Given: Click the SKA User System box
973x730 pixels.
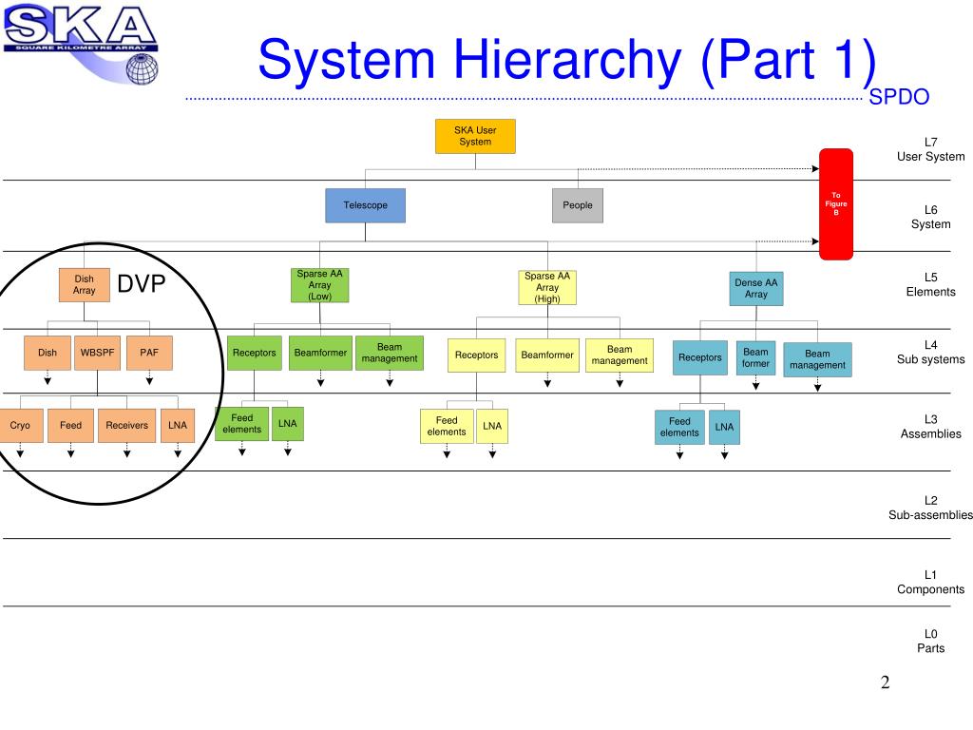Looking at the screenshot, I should pyautogui.click(x=475, y=136).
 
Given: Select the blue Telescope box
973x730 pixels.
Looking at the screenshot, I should pyautogui.click(x=365, y=205).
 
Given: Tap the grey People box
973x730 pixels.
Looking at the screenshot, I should pyautogui.click(x=577, y=205).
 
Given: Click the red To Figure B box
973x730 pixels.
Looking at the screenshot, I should pyautogui.click(x=836, y=204).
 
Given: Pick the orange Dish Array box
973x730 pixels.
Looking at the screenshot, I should pyautogui.click(x=84, y=284).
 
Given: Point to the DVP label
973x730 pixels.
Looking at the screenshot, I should pyautogui.click(x=142, y=284).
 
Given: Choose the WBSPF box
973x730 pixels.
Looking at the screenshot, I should pyautogui.click(x=97, y=353).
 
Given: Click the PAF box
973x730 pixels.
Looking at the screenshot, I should pyautogui.click(x=149, y=353).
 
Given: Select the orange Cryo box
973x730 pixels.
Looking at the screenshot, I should pyautogui.click(x=20, y=426).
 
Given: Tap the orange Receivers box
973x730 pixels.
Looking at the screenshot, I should pyautogui.click(x=126, y=426).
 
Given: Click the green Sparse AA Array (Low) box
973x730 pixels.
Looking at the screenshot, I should pyautogui.click(x=319, y=285).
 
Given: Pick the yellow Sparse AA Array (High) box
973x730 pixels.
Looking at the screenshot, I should pyautogui.click(x=547, y=288).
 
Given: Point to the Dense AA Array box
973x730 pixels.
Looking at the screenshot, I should pyautogui.click(x=756, y=288).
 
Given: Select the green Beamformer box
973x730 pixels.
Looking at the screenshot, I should pyautogui.click(x=320, y=353).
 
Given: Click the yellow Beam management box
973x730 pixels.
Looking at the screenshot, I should pyautogui.click(x=620, y=355).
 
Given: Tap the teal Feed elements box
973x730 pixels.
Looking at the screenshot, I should pyautogui.click(x=679, y=427).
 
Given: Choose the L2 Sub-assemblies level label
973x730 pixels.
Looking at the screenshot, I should pyautogui.click(x=924, y=508).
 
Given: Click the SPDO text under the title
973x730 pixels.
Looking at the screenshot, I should pyautogui.click(x=898, y=97).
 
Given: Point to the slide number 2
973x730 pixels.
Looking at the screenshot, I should pyautogui.click(x=885, y=682).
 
